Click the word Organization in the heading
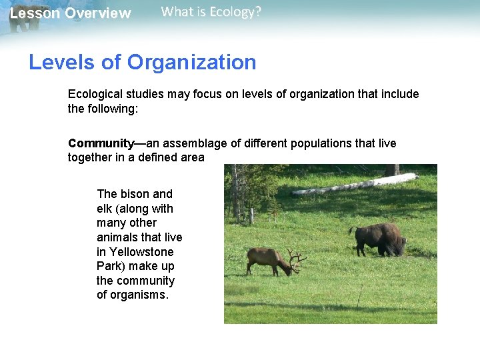(191, 63)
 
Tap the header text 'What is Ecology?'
(211, 12)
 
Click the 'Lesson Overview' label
(70, 13)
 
